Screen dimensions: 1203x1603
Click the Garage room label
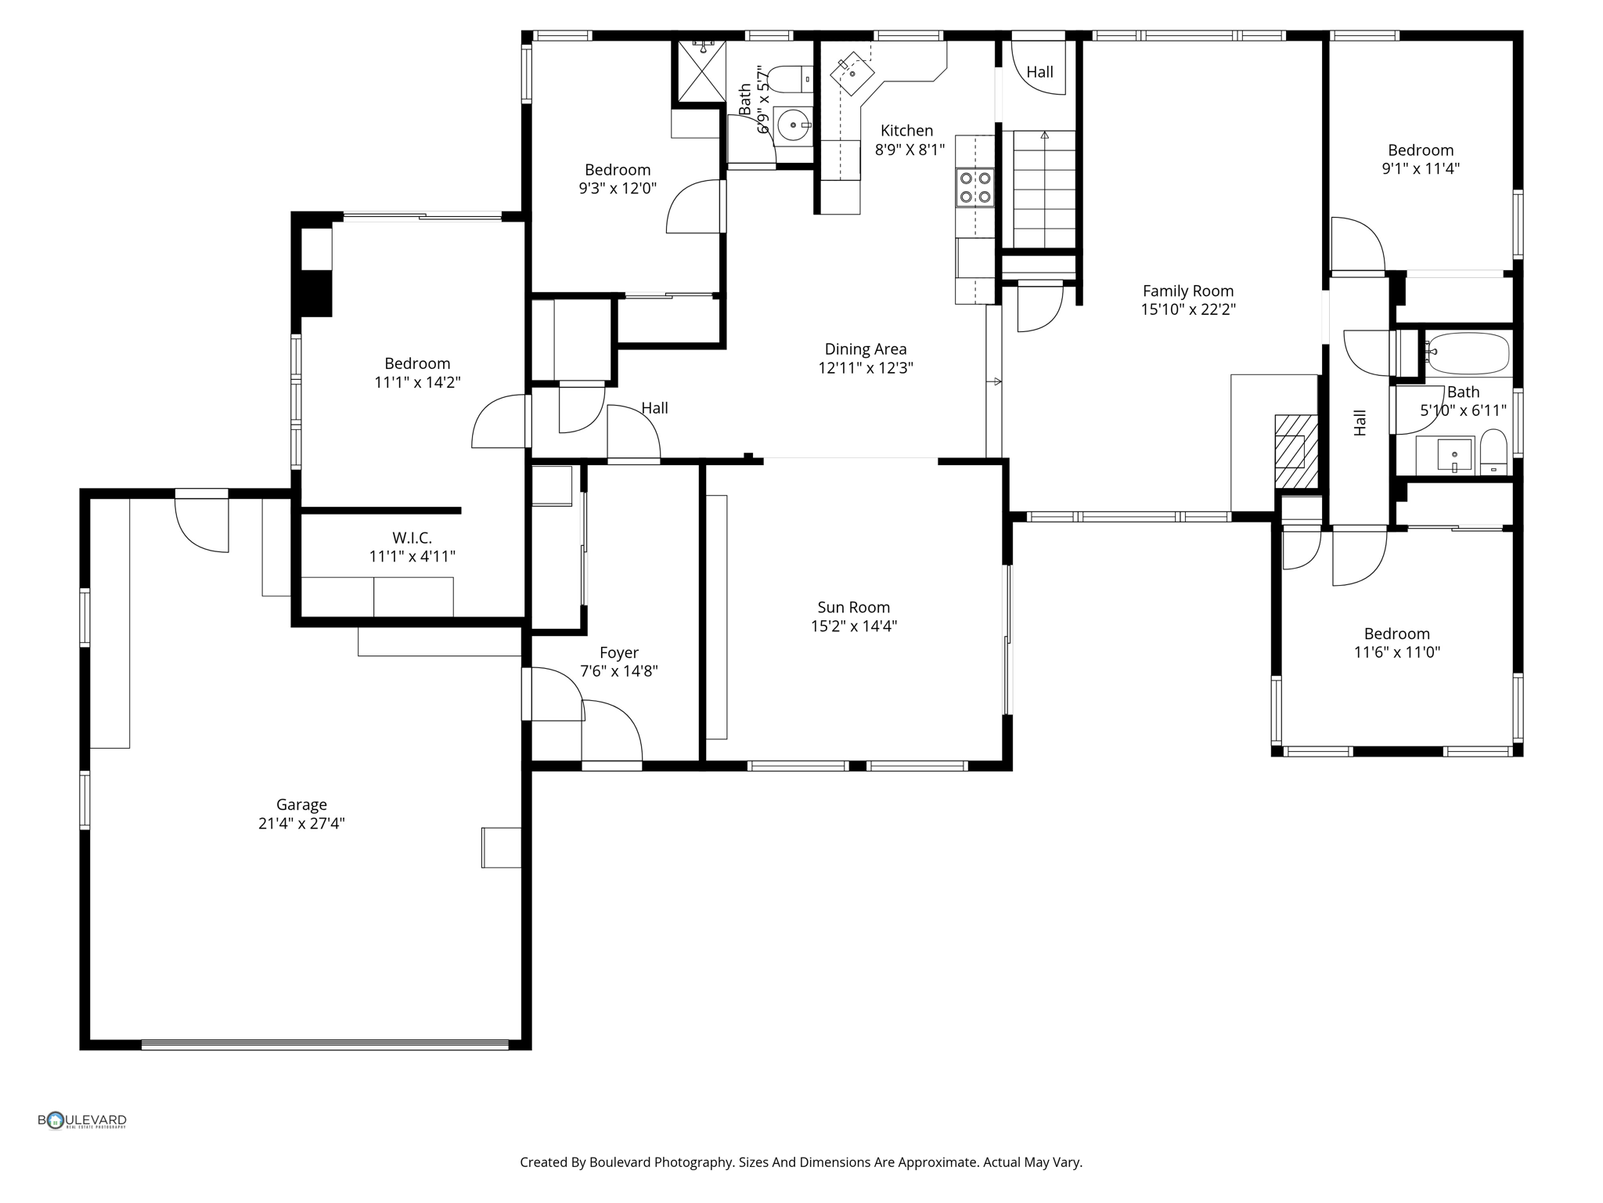tap(301, 804)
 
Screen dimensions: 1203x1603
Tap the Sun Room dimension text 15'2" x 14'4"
tap(853, 626)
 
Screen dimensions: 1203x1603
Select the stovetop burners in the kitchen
tap(974, 187)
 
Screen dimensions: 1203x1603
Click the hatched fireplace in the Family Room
tap(1295, 451)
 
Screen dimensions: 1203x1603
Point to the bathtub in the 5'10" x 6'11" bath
tap(1465, 353)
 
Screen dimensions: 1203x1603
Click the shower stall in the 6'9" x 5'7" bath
tap(701, 71)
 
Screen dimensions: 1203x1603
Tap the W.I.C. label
tap(412, 538)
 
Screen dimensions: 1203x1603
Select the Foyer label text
tap(618, 652)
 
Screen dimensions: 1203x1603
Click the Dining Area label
tap(865, 349)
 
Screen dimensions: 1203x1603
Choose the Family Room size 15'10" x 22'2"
tap(1187, 309)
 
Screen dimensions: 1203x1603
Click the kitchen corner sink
tap(852, 71)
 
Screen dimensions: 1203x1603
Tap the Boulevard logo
tap(82, 1121)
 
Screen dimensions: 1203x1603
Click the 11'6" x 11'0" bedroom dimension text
tap(1396, 652)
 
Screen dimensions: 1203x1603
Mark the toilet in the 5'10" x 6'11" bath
tap(1493, 453)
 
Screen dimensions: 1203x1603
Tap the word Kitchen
tap(906, 131)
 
